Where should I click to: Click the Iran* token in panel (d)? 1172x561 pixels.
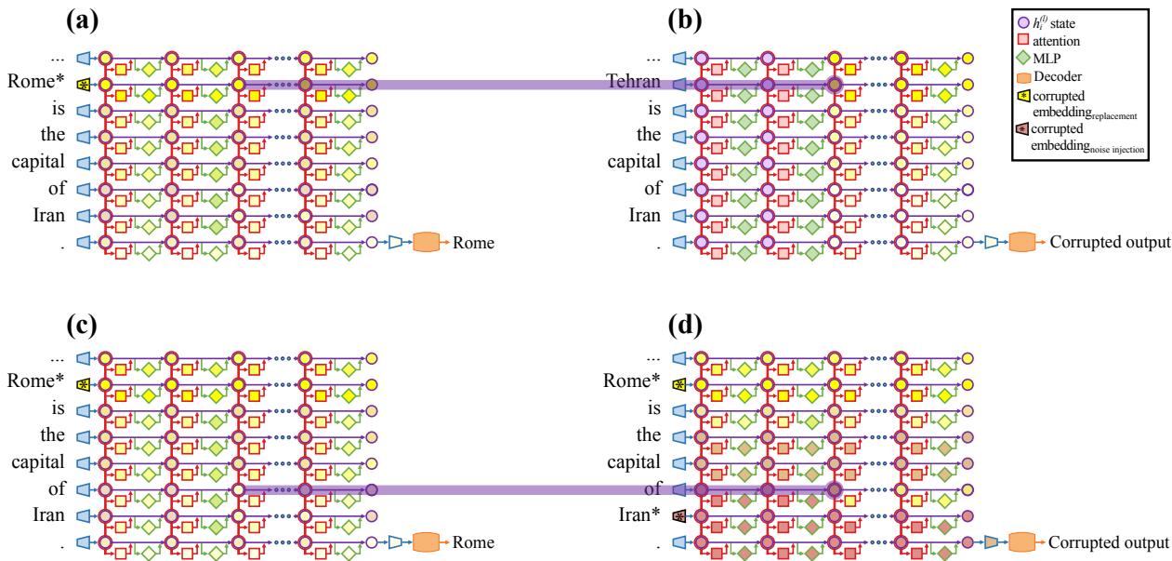[x=644, y=515]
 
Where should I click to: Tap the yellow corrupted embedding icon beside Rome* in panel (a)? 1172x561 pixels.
[x=83, y=84]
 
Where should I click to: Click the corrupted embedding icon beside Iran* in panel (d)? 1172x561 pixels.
[x=678, y=515]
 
